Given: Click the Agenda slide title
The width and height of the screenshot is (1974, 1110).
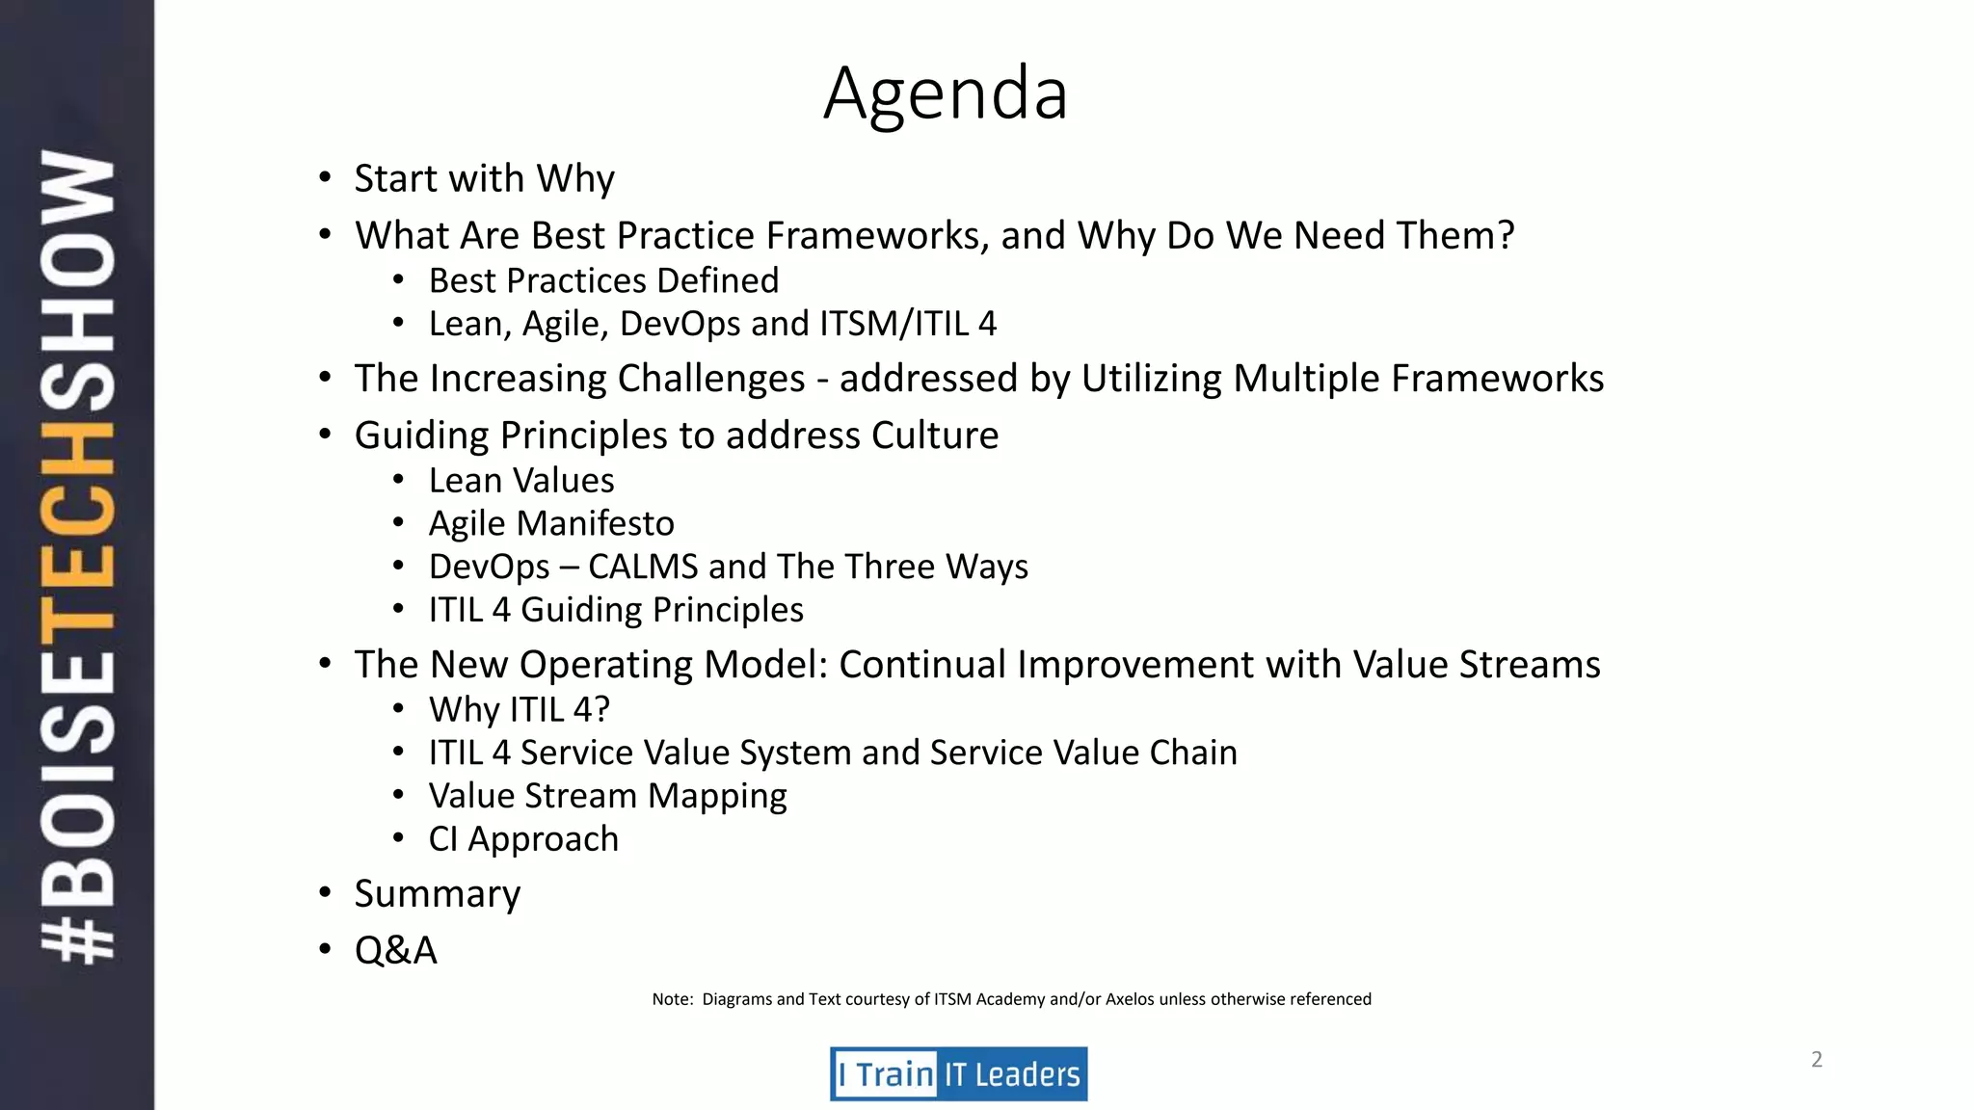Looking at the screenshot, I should pyautogui.click(x=946, y=93).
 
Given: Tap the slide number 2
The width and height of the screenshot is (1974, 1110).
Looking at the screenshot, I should pyautogui.click(x=1816, y=1060).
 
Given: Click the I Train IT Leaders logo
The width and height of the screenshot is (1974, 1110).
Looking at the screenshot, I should pyautogui.click(x=958, y=1073).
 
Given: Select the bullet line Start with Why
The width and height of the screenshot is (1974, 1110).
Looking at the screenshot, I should pyautogui.click(x=484, y=179).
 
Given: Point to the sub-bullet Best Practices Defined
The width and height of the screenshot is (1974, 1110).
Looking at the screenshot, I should pyautogui.click(x=603, y=281).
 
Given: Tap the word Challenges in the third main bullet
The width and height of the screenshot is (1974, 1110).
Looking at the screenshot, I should pyautogui.click(x=710, y=379).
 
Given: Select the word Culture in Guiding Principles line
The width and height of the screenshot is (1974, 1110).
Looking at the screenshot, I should pyautogui.click(x=934, y=436).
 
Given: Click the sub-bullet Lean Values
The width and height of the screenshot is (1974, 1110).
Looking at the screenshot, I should pyautogui.click(x=521, y=481).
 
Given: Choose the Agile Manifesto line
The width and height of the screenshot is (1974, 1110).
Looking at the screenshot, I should pyautogui.click(x=551, y=524).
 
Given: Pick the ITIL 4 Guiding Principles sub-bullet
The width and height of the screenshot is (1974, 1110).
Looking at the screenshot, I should pyautogui.click(x=616, y=611).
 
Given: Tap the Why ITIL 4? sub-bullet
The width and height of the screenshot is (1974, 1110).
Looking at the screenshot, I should pyautogui.click(x=519, y=710).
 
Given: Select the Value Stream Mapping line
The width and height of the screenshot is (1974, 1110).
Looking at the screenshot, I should pyautogui.click(x=607, y=797).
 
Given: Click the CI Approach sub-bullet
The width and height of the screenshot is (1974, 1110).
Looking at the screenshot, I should pyautogui.click(x=523, y=839).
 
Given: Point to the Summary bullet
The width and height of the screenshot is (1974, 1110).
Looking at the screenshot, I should pyautogui.click(x=437, y=894).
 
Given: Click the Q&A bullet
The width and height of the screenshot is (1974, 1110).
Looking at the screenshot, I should pyautogui.click(x=395, y=951).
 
